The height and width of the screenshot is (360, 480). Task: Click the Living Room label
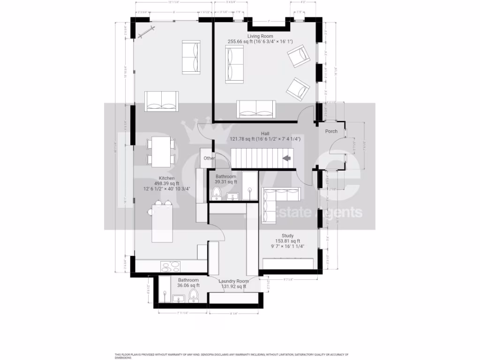[260, 36]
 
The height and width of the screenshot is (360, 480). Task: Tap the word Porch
[331, 131]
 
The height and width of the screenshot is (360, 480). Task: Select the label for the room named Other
[209, 158]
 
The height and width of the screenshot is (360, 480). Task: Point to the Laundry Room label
[233, 281]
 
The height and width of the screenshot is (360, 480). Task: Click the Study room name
[287, 236]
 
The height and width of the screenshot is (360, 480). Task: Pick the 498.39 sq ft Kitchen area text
[167, 184]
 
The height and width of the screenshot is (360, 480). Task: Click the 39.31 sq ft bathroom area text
[226, 182]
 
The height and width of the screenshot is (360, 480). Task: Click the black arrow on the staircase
[287, 159]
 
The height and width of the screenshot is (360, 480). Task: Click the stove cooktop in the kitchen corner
[171, 267]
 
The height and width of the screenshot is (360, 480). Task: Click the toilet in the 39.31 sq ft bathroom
[217, 193]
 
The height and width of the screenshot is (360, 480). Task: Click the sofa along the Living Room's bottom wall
[256, 109]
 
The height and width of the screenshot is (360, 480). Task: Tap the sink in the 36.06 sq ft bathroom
[178, 298]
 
